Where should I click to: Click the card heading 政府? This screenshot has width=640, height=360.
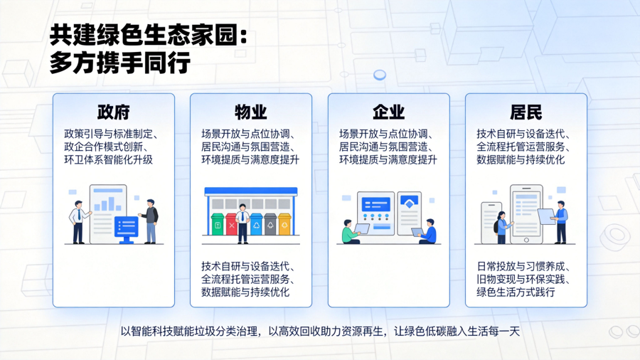click(x=114, y=112)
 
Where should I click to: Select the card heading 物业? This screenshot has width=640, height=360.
click(x=250, y=112)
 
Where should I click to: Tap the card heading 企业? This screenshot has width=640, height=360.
click(x=388, y=112)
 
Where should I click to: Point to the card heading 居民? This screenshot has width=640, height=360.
click(x=526, y=112)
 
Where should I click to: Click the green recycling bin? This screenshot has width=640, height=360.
click(x=218, y=224)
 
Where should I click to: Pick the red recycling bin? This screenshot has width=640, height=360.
click(x=231, y=224)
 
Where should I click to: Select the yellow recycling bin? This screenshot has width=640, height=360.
click(x=284, y=224)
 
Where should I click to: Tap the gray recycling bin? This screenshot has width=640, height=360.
click(x=270, y=224)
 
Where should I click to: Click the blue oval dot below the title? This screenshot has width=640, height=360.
click(x=380, y=75)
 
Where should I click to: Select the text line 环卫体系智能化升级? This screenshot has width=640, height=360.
click(x=108, y=159)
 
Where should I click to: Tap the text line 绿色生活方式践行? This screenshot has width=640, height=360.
click(x=516, y=292)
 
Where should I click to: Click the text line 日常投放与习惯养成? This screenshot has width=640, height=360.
click(x=523, y=266)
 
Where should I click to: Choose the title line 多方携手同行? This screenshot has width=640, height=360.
click(x=120, y=63)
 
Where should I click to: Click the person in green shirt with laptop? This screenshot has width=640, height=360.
click(x=351, y=232)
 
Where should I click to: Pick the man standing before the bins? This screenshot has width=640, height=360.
click(x=243, y=223)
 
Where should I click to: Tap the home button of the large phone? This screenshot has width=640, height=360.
click(x=526, y=240)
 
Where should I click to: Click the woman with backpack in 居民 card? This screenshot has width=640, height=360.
click(x=501, y=228)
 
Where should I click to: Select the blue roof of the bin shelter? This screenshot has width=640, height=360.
click(x=251, y=191)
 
